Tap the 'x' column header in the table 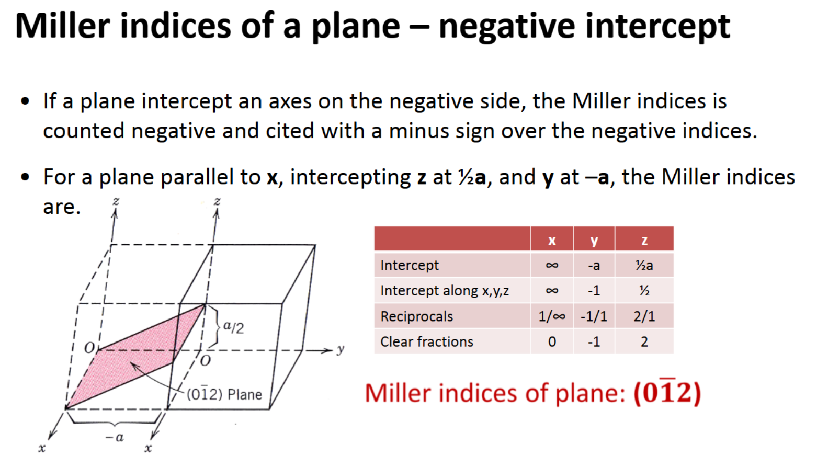point(552,240)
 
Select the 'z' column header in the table point(644,240)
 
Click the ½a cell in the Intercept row point(644,265)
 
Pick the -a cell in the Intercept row point(594,265)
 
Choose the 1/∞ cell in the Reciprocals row point(552,316)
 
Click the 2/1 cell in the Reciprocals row point(644,316)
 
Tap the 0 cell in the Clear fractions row point(552,341)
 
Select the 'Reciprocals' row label point(416,316)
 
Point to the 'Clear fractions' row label point(426,341)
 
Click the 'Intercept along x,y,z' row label point(445,291)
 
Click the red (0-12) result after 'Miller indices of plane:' point(667,393)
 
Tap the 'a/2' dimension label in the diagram point(233,327)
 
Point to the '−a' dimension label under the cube point(115,437)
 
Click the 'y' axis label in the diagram point(341,349)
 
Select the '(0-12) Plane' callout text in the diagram point(224,394)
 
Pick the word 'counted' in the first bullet point(84,131)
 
